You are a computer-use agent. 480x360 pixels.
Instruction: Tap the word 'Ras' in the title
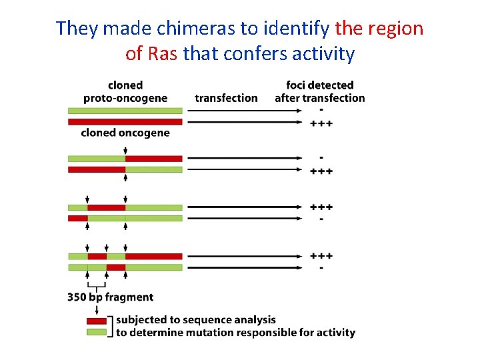click(162, 53)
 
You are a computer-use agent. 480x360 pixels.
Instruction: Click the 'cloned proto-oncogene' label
click(125, 92)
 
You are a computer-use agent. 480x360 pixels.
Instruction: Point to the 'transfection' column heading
click(226, 98)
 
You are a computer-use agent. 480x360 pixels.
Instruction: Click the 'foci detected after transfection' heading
click(320, 92)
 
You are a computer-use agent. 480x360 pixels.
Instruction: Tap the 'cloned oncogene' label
click(125, 133)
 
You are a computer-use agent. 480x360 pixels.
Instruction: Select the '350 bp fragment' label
click(111, 297)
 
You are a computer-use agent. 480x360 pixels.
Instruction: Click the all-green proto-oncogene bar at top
click(125, 111)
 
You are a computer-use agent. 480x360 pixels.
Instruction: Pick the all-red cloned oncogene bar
click(125, 122)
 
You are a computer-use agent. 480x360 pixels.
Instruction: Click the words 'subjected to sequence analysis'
click(196, 320)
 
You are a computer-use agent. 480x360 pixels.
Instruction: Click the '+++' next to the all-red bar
click(321, 123)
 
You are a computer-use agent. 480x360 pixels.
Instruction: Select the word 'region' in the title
click(395, 29)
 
